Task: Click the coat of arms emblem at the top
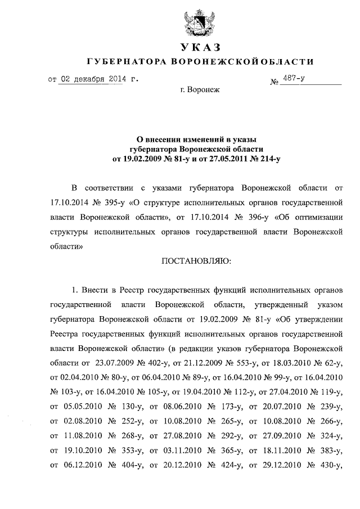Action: tap(200, 21)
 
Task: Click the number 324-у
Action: tap(328, 435)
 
